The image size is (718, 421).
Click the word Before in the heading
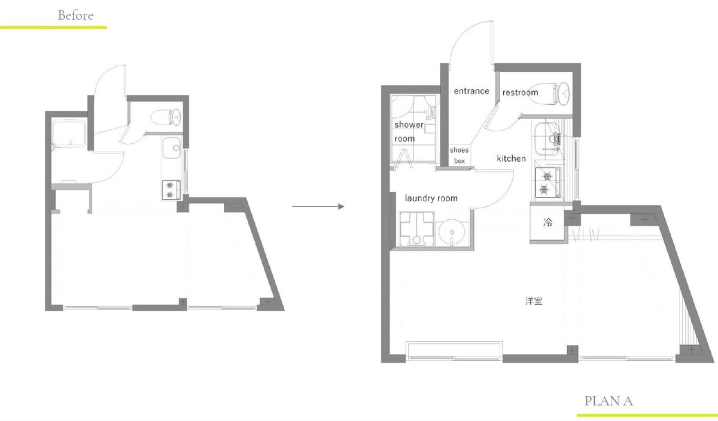click(x=75, y=16)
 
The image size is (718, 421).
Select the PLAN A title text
click(x=609, y=401)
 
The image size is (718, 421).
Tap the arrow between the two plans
click(x=318, y=207)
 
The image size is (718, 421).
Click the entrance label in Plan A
click(x=471, y=91)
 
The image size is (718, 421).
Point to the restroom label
click(x=520, y=92)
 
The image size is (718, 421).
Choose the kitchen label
click(x=511, y=158)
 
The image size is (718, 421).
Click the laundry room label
click(x=431, y=198)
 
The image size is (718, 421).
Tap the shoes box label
click(x=460, y=155)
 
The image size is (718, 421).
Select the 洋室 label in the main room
click(x=534, y=301)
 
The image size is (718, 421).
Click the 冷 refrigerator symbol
click(x=548, y=222)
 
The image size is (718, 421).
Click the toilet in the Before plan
click(x=166, y=117)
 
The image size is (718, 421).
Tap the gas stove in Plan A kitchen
click(x=548, y=183)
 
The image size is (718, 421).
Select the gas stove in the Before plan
click(x=171, y=190)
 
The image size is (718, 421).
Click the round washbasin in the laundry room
click(x=451, y=232)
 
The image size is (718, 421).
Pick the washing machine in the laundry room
click(x=416, y=229)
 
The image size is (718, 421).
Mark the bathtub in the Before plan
click(x=69, y=134)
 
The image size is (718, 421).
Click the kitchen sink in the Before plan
click(x=172, y=147)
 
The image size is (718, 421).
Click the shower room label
click(x=409, y=132)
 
